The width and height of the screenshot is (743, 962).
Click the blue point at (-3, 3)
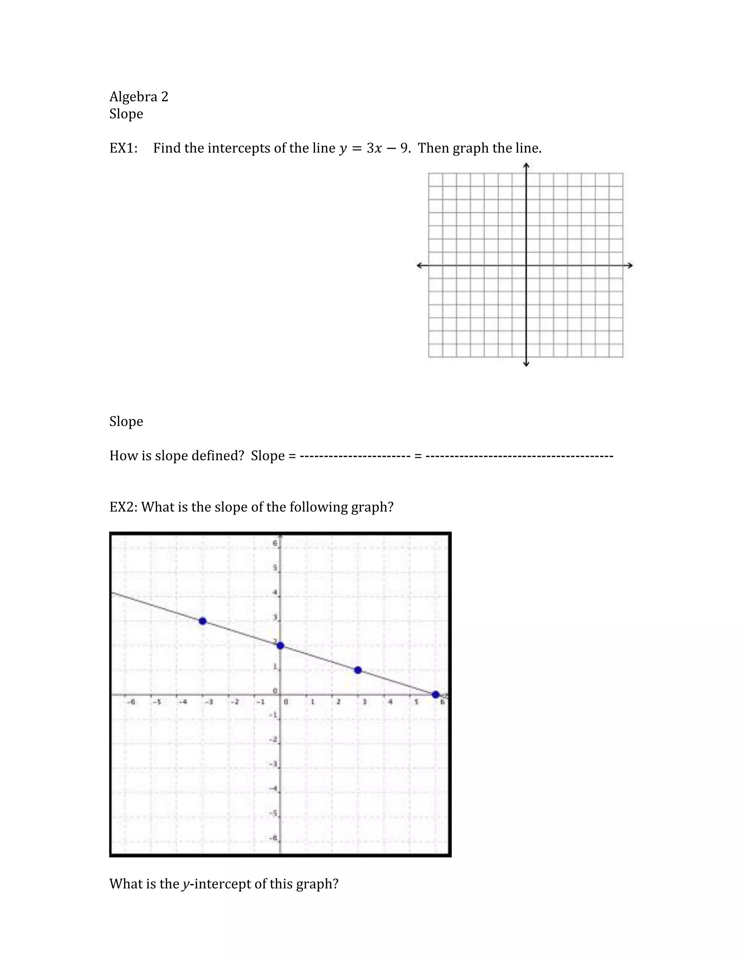[x=202, y=621]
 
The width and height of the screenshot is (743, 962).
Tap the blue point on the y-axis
[x=280, y=646]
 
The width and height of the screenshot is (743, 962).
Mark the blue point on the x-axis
[x=435, y=694]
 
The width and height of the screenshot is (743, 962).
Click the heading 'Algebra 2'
[x=139, y=97]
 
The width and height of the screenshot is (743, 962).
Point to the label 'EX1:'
[x=123, y=148]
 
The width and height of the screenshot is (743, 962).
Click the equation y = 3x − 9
[x=374, y=148]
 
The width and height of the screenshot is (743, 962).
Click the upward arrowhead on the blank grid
[x=526, y=166]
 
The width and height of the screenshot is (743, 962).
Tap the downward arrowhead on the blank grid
[x=526, y=364]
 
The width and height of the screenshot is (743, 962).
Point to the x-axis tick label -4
[x=183, y=702]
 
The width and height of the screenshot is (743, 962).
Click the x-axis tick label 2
[x=338, y=702]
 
